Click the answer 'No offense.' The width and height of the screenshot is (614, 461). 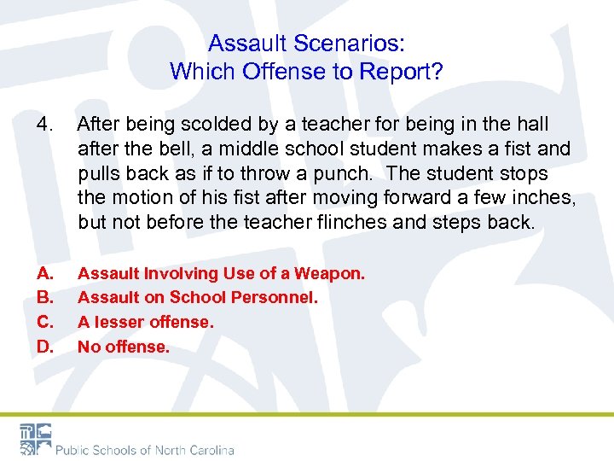pos(124,347)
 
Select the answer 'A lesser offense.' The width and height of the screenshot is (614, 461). pos(145,323)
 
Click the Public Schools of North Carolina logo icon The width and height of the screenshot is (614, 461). pos(35,438)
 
